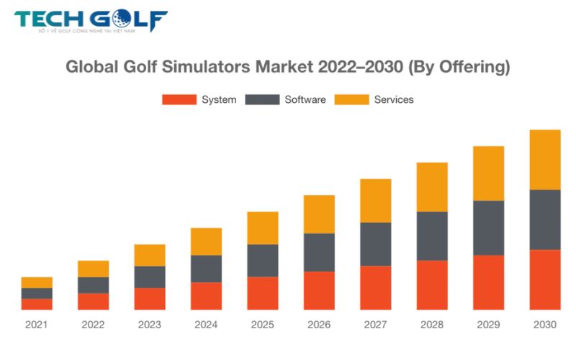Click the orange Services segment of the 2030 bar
point(544,160)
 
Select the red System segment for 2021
point(37,304)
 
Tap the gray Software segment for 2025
point(263,261)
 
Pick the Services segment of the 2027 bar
point(375,201)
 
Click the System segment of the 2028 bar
point(432,284)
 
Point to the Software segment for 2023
point(150,277)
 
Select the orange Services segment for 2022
point(94,269)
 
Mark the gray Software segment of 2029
point(488,228)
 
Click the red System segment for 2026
point(319,290)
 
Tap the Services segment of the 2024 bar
point(206,242)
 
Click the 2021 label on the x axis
point(37,325)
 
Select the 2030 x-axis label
point(544,325)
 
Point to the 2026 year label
point(319,325)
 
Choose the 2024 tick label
point(206,325)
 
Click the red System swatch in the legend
point(179,99)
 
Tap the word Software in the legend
point(305,99)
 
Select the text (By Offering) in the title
point(459,68)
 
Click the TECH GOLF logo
point(91,21)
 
